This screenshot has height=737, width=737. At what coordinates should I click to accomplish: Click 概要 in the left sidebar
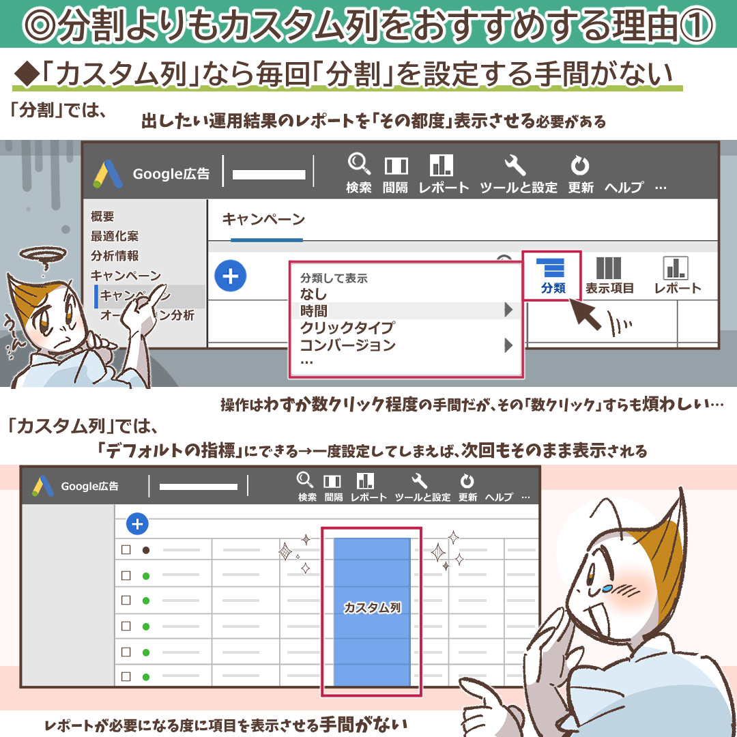102,217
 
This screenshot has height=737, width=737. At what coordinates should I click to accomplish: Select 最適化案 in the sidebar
114,236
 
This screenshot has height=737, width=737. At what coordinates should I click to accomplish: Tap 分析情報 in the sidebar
114,256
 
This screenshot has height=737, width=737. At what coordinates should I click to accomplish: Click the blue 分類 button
553,275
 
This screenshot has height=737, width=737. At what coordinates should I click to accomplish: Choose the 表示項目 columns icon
609,275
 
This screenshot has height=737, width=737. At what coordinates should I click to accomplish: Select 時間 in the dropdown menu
314,311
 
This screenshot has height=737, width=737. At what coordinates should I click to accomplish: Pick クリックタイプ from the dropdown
347,328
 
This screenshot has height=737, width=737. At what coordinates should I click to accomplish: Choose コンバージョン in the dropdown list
347,345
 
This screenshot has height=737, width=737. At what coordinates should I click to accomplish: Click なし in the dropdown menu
313,295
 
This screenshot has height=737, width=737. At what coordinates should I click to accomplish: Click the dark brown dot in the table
145,550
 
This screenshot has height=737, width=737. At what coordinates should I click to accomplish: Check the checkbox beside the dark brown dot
126,550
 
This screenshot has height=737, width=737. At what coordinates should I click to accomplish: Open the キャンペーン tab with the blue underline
263,220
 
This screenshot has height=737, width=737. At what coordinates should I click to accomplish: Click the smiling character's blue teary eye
607,587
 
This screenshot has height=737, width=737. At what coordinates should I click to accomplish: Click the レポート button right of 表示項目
677,275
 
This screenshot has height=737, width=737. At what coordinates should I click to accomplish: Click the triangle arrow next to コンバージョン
508,345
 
